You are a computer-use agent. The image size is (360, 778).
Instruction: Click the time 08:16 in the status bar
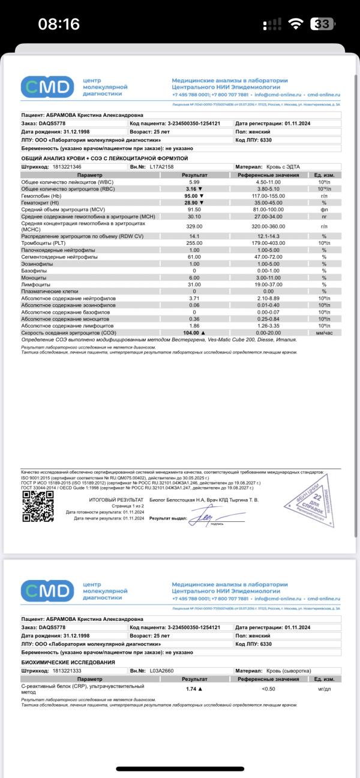(x=59, y=24)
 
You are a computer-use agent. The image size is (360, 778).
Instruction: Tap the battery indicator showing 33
(x=322, y=24)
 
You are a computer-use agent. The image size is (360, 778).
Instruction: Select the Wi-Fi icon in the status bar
(x=295, y=24)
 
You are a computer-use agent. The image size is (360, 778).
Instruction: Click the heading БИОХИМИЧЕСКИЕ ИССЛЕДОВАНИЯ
(x=68, y=662)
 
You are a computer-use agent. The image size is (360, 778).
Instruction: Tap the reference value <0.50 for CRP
(x=268, y=689)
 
